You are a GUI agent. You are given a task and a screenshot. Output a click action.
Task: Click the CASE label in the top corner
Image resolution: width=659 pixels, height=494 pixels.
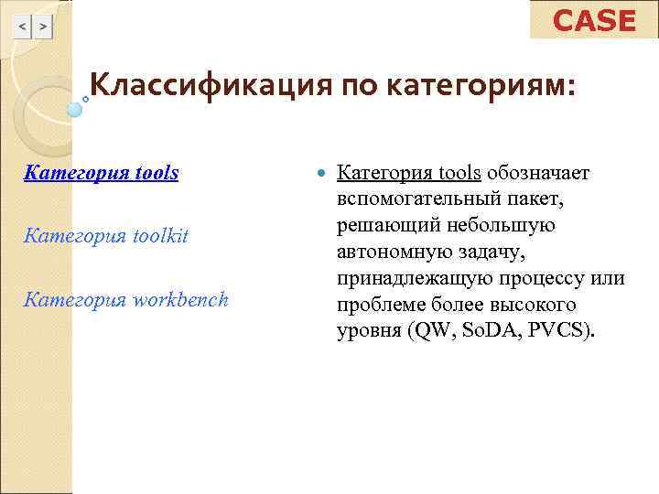(594, 20)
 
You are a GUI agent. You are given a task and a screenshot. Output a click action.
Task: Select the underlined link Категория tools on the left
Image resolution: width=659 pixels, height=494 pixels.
(101, 172)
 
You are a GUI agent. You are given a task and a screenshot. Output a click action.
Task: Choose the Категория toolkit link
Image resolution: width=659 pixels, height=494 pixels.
(106, 236)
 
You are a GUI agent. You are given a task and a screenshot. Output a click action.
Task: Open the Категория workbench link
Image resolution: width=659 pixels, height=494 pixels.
(125, 299)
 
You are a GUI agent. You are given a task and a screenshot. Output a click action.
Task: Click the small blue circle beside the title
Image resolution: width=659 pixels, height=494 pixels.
(75, 109)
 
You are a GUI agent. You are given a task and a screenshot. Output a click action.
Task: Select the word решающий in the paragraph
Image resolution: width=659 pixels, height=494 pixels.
(376, 225)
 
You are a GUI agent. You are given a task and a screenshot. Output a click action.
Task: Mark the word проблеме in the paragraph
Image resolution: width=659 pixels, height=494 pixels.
(375, 304)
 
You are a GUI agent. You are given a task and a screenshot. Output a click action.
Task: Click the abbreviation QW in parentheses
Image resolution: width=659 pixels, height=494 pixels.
(429, 330)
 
